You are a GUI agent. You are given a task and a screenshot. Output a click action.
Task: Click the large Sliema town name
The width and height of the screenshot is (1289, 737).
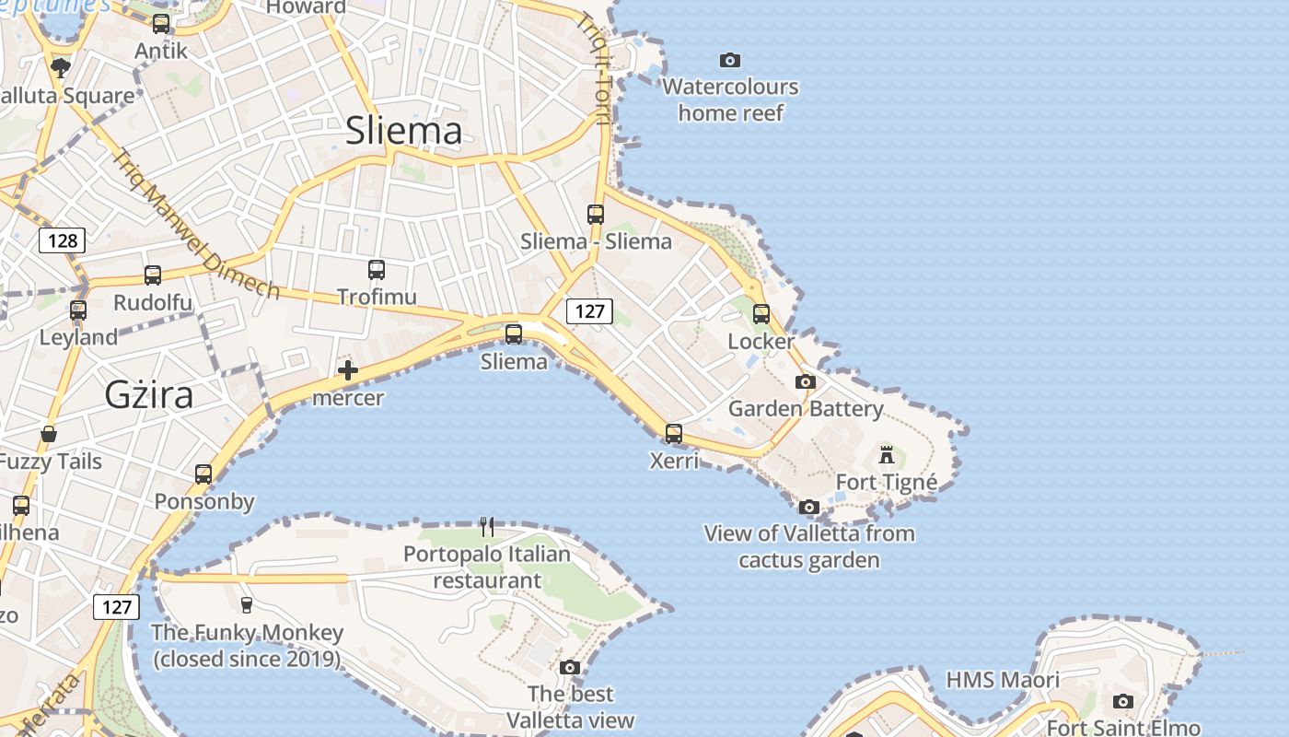point(404,130)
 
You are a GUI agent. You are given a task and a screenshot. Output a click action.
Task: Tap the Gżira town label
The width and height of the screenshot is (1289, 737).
point(149,394)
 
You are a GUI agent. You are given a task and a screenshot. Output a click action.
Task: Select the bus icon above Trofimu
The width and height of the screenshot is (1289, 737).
point(377,270)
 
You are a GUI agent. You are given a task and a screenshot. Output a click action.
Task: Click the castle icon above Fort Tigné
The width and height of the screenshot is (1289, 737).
point(887,453)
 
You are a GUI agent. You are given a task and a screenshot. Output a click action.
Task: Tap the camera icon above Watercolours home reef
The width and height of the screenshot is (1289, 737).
point(730,61)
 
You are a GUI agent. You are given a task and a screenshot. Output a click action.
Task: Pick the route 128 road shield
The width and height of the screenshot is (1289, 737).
point(63,241)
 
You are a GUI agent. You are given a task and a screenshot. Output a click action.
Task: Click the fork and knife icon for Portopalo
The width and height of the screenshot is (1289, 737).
point(487,527)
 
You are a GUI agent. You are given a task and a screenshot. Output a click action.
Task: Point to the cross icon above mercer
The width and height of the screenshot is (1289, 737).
point(348,371)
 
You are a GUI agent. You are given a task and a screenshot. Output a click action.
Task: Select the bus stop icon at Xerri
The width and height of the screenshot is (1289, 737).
point(674,433)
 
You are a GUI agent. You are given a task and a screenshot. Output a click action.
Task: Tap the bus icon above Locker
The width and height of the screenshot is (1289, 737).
point(761,314)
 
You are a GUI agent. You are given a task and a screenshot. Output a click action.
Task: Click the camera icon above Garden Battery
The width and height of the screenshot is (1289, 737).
point(806,381)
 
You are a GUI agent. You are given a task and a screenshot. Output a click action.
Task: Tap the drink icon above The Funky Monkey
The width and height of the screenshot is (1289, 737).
point(247,604)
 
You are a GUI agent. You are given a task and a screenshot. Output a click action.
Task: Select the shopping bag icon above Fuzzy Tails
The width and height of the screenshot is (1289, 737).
point(49,433)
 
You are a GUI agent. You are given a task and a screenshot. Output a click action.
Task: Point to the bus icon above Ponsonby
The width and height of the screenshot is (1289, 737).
point(203,474)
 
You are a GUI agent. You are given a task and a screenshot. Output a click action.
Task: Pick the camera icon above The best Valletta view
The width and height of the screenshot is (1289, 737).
point(570,667)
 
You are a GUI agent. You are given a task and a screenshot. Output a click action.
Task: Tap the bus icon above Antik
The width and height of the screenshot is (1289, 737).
point(161,24)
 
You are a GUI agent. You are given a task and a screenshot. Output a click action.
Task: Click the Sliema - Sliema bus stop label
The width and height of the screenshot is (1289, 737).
point(596,241)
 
